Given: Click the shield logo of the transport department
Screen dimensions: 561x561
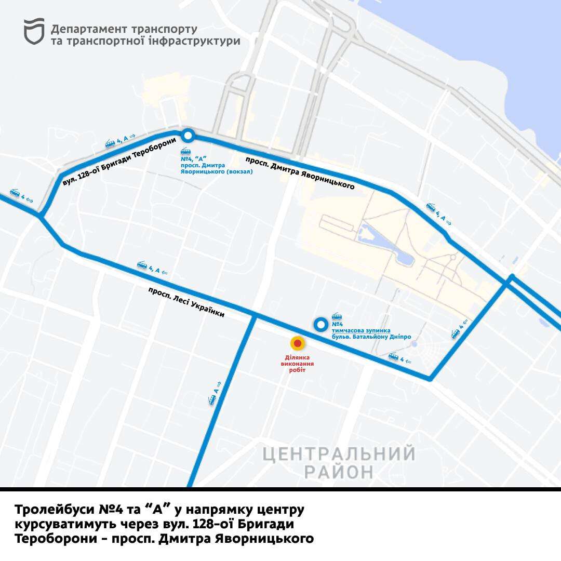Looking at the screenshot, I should coord(34,31).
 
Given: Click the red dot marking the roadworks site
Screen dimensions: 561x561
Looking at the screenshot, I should coord(297,343).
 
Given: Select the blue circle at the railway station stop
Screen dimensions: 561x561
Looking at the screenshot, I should coord(188,136).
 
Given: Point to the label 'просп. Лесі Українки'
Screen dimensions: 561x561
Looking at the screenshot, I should coord(186,302).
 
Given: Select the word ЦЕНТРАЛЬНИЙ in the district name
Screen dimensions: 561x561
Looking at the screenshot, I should coord(339,454).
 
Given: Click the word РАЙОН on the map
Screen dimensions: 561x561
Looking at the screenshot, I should coord(339,472).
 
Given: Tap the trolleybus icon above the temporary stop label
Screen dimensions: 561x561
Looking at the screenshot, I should coord(337,317).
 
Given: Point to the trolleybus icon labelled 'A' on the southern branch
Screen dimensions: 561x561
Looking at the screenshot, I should coord(212,399).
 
